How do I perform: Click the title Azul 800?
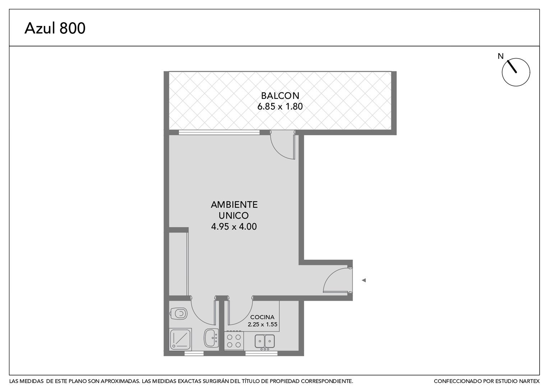(55, 28)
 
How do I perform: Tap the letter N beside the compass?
(500, 56)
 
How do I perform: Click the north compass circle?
(516, 72)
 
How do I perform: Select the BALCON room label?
(280, 96)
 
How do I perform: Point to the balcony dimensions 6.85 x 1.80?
(280, 106)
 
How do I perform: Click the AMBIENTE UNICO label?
(234, 210)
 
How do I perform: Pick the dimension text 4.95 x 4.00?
(234, 226)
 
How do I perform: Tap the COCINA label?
(262, 317)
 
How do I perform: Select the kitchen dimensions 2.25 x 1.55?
(263, 324)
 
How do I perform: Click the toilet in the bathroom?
(179, 314)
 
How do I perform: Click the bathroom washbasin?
(211, 338)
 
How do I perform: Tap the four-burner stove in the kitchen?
(234, 341)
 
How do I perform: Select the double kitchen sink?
(265, 342)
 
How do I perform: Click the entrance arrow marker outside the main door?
(364, 280)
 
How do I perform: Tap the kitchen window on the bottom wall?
(262, 353)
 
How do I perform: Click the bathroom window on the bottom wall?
(194, 353)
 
